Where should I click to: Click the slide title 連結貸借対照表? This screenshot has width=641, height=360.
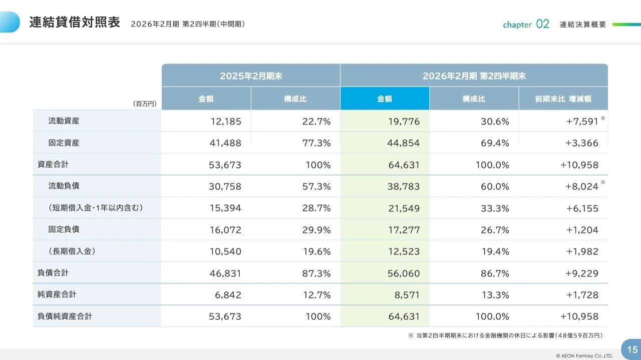(75, 23)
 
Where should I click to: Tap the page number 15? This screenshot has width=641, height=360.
(632, 349)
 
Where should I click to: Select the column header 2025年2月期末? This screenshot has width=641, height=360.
(251, 76)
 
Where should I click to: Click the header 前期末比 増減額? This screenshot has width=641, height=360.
(563, 99)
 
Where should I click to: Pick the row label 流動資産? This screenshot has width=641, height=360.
(64, 120)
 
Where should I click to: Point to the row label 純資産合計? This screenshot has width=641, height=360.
(57, 294)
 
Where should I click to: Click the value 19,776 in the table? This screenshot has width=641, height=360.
(404, 121)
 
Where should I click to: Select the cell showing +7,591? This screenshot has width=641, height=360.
(581, 121)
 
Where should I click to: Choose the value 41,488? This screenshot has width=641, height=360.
(225, 143)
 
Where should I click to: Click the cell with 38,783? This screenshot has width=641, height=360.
(404, 186)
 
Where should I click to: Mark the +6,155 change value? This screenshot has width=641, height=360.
(582, 208)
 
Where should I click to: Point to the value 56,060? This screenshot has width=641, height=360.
(404, 273)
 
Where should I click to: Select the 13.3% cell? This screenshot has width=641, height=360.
(495, 295)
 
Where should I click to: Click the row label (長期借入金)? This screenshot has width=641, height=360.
(72, 251)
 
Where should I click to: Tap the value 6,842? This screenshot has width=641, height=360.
(228, 295)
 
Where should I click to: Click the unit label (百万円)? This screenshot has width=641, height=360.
(145, 104)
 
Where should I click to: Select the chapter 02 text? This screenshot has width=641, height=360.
(526, 24)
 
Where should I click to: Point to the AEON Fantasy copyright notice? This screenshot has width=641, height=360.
(580, 355)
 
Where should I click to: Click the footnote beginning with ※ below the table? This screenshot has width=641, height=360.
(505, 335)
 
